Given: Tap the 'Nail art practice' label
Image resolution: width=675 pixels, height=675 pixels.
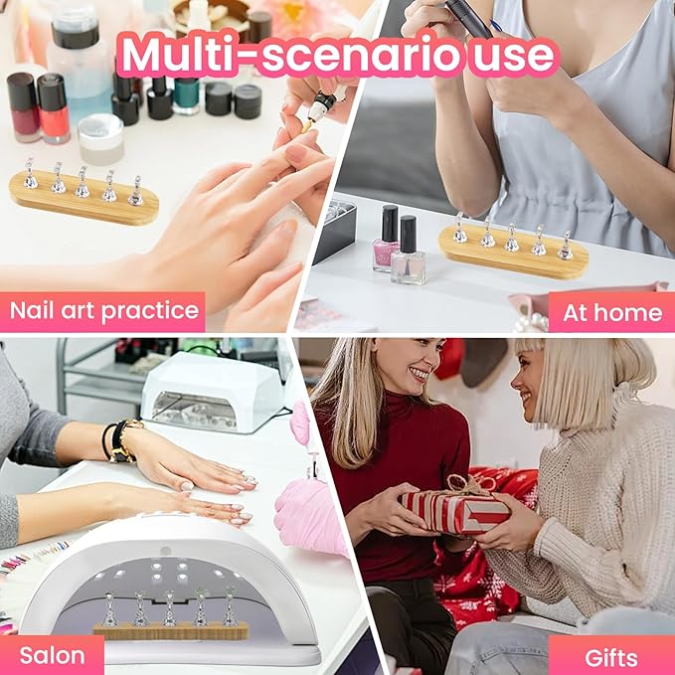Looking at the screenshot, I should coord(103,311).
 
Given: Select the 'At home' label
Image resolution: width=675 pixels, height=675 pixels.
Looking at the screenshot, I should coord(611,312).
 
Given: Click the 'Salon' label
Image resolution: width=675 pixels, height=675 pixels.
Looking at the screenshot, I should coord(52,655).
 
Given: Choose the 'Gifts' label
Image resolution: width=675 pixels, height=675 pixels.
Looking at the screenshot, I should coord(610,656).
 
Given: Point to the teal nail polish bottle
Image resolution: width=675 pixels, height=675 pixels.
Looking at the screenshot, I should coord(187,96).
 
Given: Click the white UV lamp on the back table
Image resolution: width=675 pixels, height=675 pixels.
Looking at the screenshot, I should coord(211,390).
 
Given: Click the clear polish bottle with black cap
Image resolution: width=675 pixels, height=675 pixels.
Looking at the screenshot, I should coord(409,253).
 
